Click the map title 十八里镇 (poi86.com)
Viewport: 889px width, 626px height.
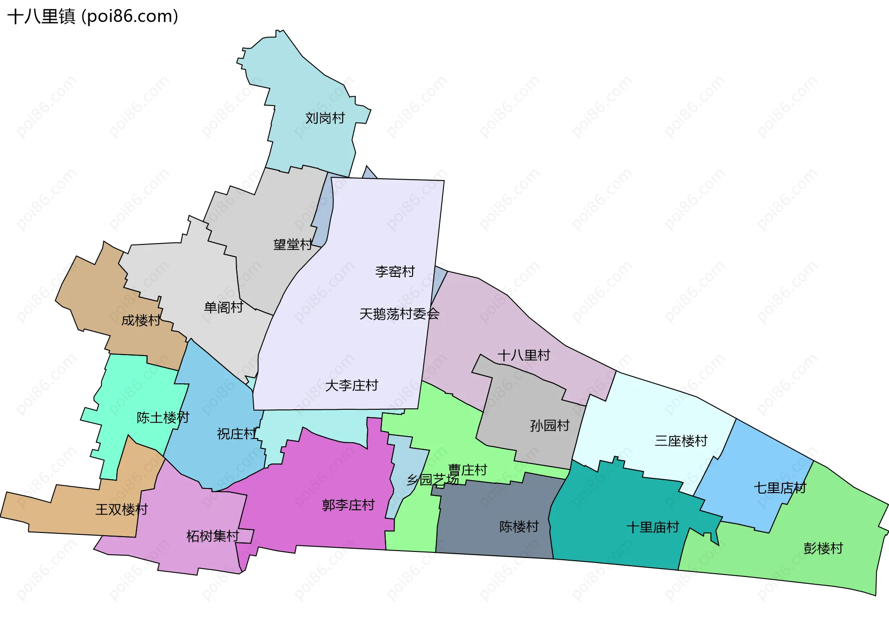pos(93,17)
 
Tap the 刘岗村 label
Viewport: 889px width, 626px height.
pos(325,118)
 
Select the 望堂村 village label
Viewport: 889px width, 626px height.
pos(293,244)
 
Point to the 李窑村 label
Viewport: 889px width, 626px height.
pos(395,271)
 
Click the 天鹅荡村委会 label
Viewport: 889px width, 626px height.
pos(399,314)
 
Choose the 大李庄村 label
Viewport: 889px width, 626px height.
pos(351,385)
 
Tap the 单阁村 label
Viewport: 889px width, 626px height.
pos(224,307)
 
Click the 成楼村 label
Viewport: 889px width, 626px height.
pos(141,320)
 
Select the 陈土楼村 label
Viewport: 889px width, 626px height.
pos(163,417)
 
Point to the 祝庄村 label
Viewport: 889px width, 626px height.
pos(237,433)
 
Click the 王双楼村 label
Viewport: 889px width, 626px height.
pos(121,509)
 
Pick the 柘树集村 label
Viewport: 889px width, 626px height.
pos(213,536)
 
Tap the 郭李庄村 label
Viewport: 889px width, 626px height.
pos(348,505)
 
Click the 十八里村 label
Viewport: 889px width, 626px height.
pos(524,355)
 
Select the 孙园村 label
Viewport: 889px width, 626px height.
pos(550,425)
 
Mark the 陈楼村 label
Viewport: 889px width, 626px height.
pos(519,526)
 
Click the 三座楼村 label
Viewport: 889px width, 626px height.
pos(681,440)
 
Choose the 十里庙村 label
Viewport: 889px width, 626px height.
pos(652,527)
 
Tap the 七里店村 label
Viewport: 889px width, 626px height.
pos(780,488)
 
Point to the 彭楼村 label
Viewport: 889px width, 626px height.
pos(823,548)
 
